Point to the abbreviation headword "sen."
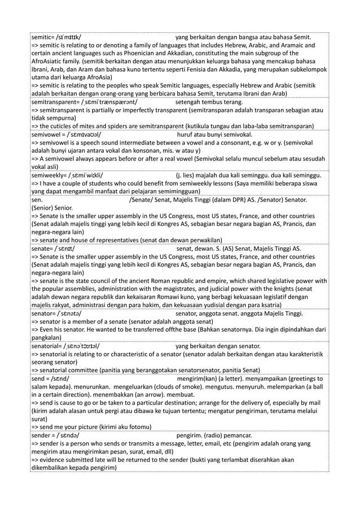37,199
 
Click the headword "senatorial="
49,345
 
